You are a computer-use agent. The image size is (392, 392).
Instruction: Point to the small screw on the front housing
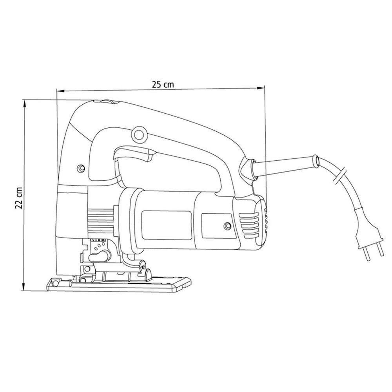pyautogui.click(x=81, y=168)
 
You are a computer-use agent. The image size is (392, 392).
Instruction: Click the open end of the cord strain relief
pyautogui.click(x=316, y=161)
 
